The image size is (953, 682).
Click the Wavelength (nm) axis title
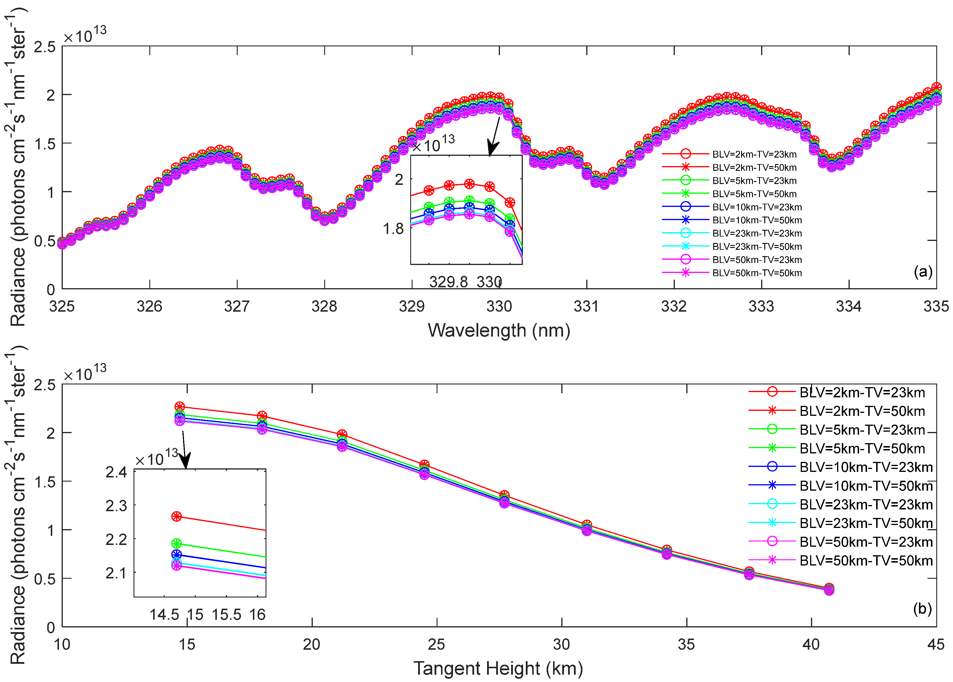(499, 330)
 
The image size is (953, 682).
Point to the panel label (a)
(923, 272)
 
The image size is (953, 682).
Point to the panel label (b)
(922, 609)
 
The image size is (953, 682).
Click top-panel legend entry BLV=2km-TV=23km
(754, 154)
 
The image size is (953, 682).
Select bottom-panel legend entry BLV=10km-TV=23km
(866, 467)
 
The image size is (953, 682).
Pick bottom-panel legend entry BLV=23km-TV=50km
(866, 523)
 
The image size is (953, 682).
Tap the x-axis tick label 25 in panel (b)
(436, 644)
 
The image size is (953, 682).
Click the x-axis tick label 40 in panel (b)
(811, 644)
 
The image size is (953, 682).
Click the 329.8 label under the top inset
(448, 282)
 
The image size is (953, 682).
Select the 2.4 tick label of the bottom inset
(116, 472)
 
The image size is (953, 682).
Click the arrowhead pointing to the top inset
(492, 149)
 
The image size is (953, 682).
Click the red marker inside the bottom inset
(177, 516)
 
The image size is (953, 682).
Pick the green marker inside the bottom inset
(177, 544)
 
